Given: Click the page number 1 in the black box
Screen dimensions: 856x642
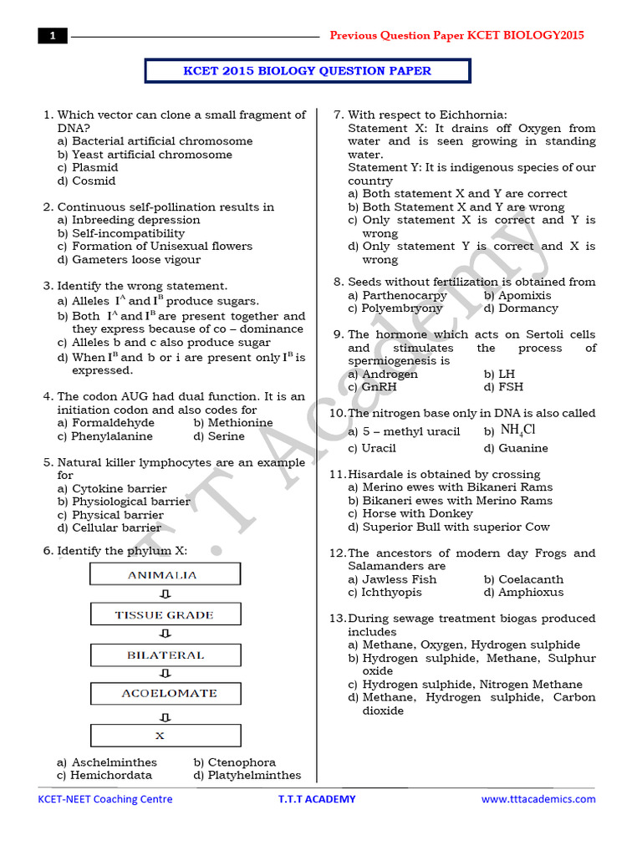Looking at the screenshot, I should [x=52, y=36].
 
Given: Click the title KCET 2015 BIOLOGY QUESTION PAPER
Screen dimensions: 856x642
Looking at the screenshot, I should [x=307, y=71].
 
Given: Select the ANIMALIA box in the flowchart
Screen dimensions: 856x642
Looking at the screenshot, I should [x=165, y=575].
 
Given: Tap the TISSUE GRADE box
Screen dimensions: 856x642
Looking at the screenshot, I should [x=165, y=615].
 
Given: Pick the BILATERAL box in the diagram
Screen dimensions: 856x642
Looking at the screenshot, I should [x=165, y=655].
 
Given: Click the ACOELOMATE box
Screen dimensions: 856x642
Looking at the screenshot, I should [x=165, y=694].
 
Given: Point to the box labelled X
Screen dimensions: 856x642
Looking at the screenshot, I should [x=165, y=736].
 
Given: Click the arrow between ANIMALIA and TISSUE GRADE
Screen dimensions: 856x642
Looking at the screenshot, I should [x=165, y=595].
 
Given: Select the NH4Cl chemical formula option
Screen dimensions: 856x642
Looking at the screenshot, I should [x=517, y=431].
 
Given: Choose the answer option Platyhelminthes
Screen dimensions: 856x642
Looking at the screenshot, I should [x=247, y=775].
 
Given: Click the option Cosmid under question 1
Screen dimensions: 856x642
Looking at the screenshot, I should [x=94, y=181].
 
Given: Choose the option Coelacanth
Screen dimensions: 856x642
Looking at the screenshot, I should [x=531, y=579].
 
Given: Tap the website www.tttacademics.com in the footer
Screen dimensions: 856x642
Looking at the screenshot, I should [x=538, y=799].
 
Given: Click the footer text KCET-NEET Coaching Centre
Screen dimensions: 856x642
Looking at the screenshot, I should [x=105, y=799].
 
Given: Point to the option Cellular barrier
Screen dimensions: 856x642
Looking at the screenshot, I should [x=116, y=527].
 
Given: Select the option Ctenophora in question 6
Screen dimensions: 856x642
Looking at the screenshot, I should [x=242, y=762].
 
